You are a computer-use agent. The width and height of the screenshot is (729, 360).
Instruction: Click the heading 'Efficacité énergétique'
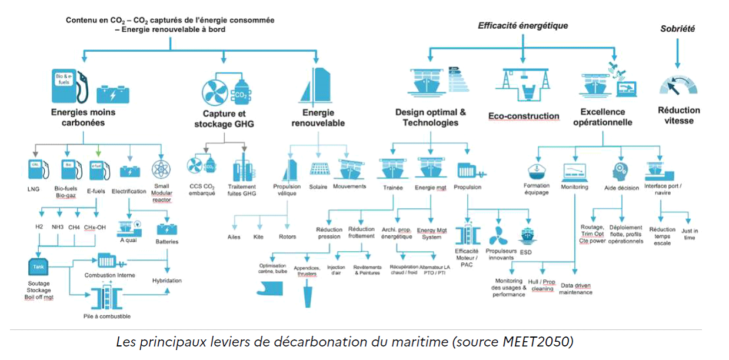click(522, 25)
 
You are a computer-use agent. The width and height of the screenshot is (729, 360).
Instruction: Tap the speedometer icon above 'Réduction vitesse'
click(678, 84)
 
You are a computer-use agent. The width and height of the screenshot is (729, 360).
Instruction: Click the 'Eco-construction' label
click(524, 116)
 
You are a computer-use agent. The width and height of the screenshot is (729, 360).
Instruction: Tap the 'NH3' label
click(58, 226)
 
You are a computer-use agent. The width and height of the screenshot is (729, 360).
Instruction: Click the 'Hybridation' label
click(167, 281)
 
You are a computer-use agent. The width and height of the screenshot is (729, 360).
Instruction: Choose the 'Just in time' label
click(690, 234)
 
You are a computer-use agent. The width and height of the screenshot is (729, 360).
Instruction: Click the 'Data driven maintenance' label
click(575, 288)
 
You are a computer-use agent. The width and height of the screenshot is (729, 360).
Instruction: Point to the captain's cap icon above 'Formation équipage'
click(536, 170)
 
